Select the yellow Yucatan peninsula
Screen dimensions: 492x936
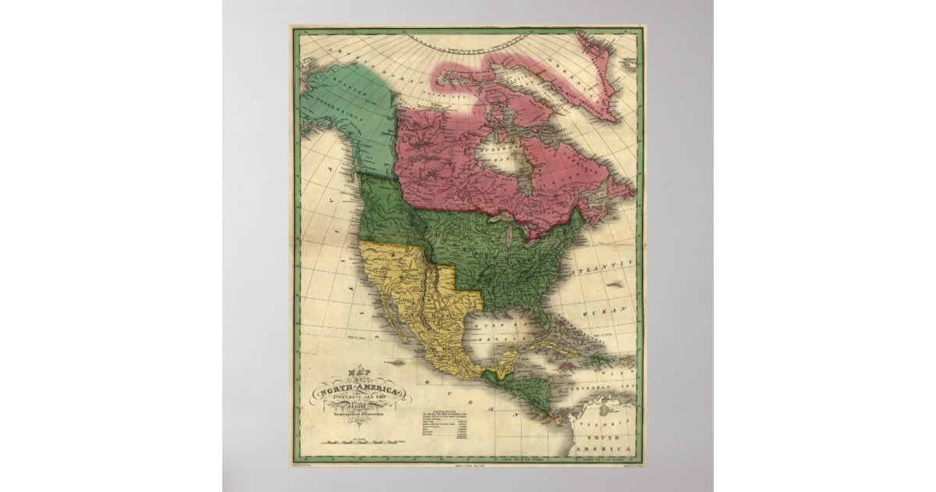click(x=507, y=360)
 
